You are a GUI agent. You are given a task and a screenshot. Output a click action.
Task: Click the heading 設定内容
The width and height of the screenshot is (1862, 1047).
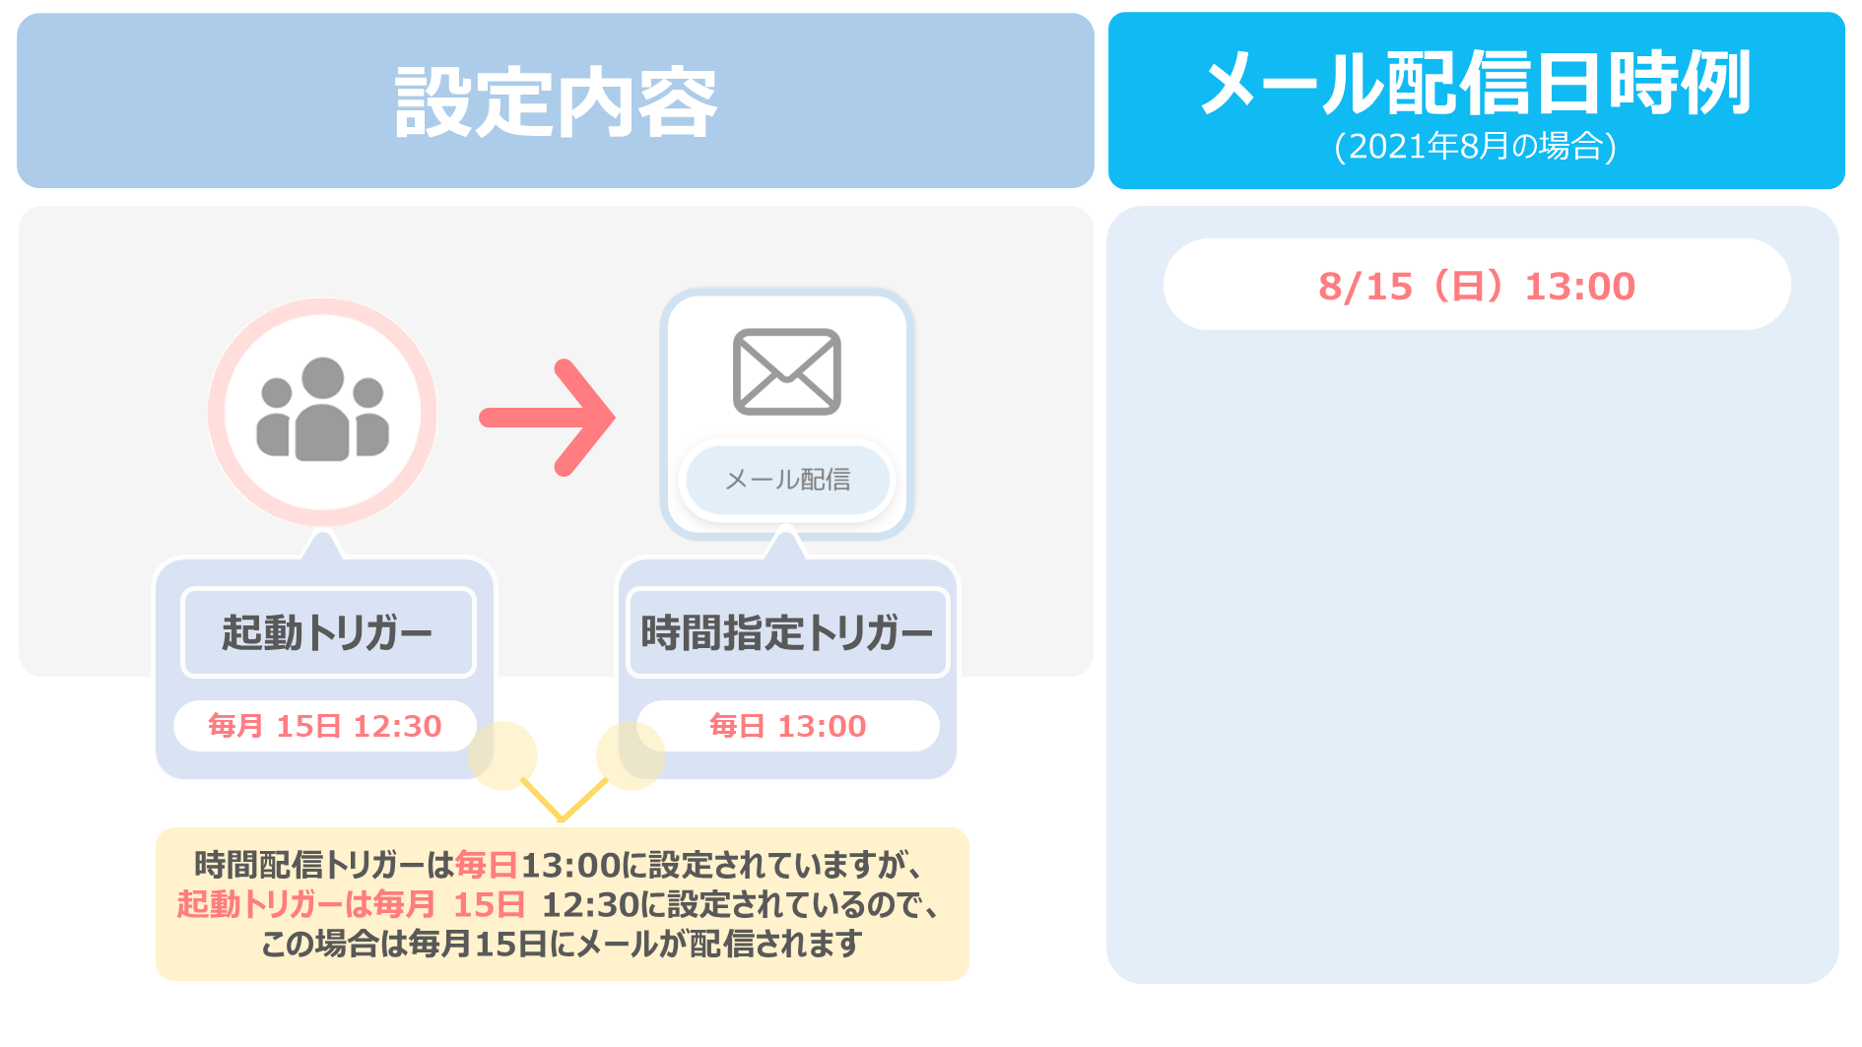[x=556, y=102]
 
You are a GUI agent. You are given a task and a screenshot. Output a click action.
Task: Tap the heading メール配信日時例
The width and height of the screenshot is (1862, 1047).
[x=1476, y=83]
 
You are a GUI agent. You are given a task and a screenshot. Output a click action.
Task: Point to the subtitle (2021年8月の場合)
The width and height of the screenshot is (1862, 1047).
[x=1476, y=147]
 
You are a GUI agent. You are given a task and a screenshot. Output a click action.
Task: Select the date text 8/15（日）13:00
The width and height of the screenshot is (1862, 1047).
[x=1477, y=287]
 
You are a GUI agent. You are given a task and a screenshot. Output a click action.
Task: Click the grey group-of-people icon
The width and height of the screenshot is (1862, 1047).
[x=323, y=409]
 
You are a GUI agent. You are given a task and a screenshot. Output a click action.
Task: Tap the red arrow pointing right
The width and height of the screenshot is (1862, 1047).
[x=548, y=418]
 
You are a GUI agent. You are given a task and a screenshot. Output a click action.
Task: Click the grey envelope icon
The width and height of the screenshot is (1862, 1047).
[x=787, y=371]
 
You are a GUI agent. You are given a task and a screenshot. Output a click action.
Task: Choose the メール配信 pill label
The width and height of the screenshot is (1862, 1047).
[x=788, y=480]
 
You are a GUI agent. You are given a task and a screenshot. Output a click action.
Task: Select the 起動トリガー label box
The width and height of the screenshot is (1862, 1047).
[x=328, y=632]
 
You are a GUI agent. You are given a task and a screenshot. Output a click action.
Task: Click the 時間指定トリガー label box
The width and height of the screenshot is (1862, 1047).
[x=787, y=632]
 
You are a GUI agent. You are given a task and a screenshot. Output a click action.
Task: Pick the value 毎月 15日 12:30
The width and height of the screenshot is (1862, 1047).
[x=325, y=726]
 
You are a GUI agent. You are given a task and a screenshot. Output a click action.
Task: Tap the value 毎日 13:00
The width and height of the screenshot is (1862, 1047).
[x=788, y=726]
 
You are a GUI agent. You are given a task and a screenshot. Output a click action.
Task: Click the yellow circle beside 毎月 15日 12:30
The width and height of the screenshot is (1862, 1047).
[x=502, y=755]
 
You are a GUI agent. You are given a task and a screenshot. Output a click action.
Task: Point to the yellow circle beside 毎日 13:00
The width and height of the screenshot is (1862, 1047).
[x=631, y=755]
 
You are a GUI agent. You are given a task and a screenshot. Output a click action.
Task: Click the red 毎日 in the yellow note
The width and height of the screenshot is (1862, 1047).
[x=487, y=865]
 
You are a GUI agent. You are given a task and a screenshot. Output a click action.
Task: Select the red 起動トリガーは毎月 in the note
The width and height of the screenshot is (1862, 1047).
[x=306, y=904]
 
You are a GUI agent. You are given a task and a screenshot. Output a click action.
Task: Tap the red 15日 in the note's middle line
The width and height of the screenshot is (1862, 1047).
[x=489, y=904]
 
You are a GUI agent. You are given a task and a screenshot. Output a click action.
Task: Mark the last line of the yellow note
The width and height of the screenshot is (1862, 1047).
[x=562, y=944]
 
